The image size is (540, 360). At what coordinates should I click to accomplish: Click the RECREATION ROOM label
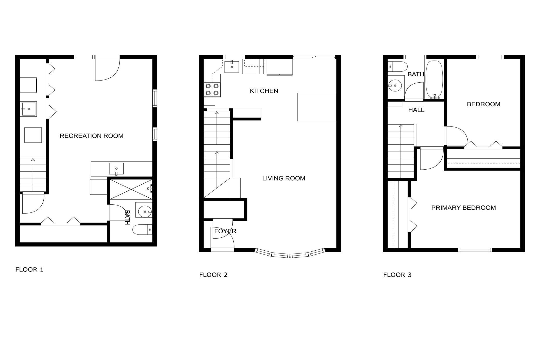coord(91,136)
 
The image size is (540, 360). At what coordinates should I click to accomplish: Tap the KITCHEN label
coord(264,91)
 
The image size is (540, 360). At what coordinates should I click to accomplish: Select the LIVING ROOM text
coord(283,178)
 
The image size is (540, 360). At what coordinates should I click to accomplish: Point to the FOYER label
coord(225,231)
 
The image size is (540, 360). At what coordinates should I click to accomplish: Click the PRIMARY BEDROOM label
coord(463,208)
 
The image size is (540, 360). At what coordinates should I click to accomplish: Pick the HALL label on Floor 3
coord(416,110)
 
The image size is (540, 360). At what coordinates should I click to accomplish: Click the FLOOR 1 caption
coord(29,269)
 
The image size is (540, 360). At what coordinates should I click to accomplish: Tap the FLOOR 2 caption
coord(213,275)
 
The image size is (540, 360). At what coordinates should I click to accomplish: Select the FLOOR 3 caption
coord(397,275)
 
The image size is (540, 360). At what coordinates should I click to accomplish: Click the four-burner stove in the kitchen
coord(212,90)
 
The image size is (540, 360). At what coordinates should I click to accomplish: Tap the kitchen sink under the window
coord(232,67)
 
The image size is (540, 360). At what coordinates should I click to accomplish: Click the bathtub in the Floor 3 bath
coord(434,79)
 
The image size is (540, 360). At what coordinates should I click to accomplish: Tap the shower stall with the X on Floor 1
coord(131,189)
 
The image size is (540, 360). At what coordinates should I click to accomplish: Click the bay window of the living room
coord(290,254)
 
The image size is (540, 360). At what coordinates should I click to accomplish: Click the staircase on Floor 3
coord(401,151)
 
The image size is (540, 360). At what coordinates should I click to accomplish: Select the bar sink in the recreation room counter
coord(116,169)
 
